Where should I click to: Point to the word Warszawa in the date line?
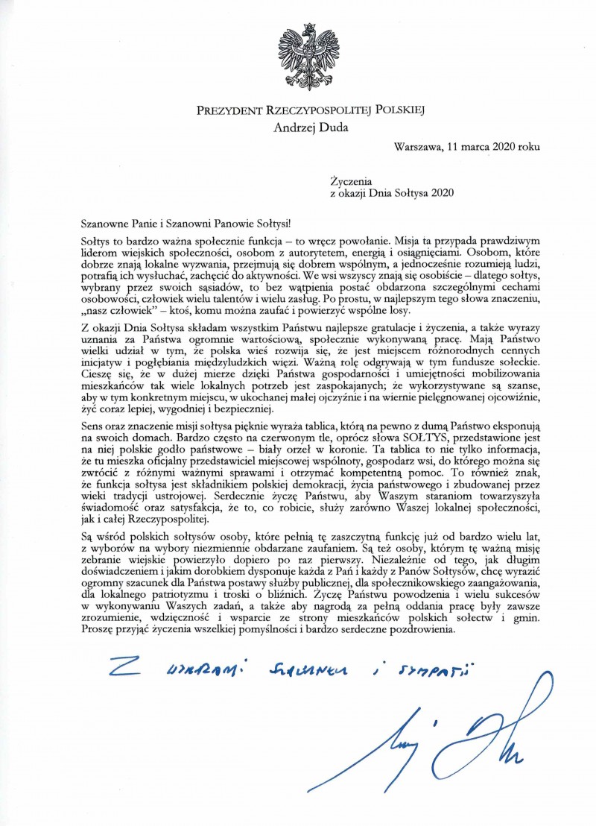[x=419, y=147]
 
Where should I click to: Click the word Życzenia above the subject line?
[x=349, y=179]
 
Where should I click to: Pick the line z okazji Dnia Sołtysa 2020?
[x=393, y=191]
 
